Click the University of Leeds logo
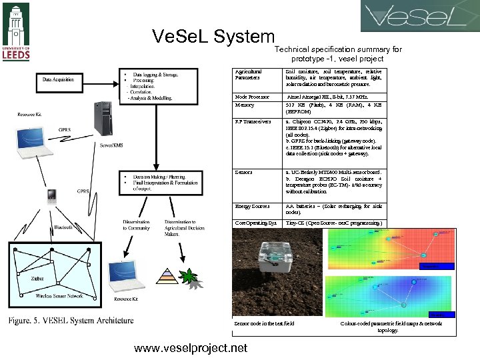[x=17, y=31]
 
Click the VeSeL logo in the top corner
[x=419, y=16]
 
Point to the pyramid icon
[x=167, y=276]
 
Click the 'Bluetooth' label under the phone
[x=64, y=227]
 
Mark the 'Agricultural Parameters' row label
[x=249, y=74]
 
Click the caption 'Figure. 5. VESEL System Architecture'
[x=71, y=321]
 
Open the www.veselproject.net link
[x=190, y=348]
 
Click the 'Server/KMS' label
[x=111, y=144]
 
